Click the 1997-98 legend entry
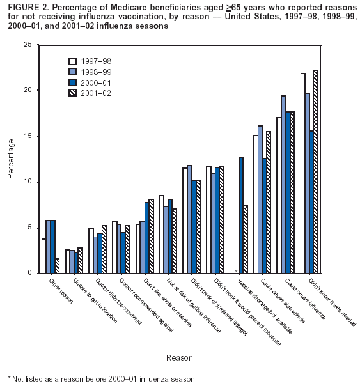pyautogui.click(x=91, y=61)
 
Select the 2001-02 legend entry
pyautogui.click(x=91, y=93)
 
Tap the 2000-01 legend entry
pyautogui.click(x=91, y=82)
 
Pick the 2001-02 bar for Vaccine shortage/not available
pyautogui.click(x=245, y=238)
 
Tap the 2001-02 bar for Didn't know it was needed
pyautogui.click(x=315, y=171)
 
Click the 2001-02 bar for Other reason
pyautogui.click(x=57, y=265)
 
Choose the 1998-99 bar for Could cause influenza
pyautogui.click(x=283, y=184)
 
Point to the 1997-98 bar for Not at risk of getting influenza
pyautogui.click(x=162, y=234)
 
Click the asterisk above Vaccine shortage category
pyautogui.click(x=236, y=271)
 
